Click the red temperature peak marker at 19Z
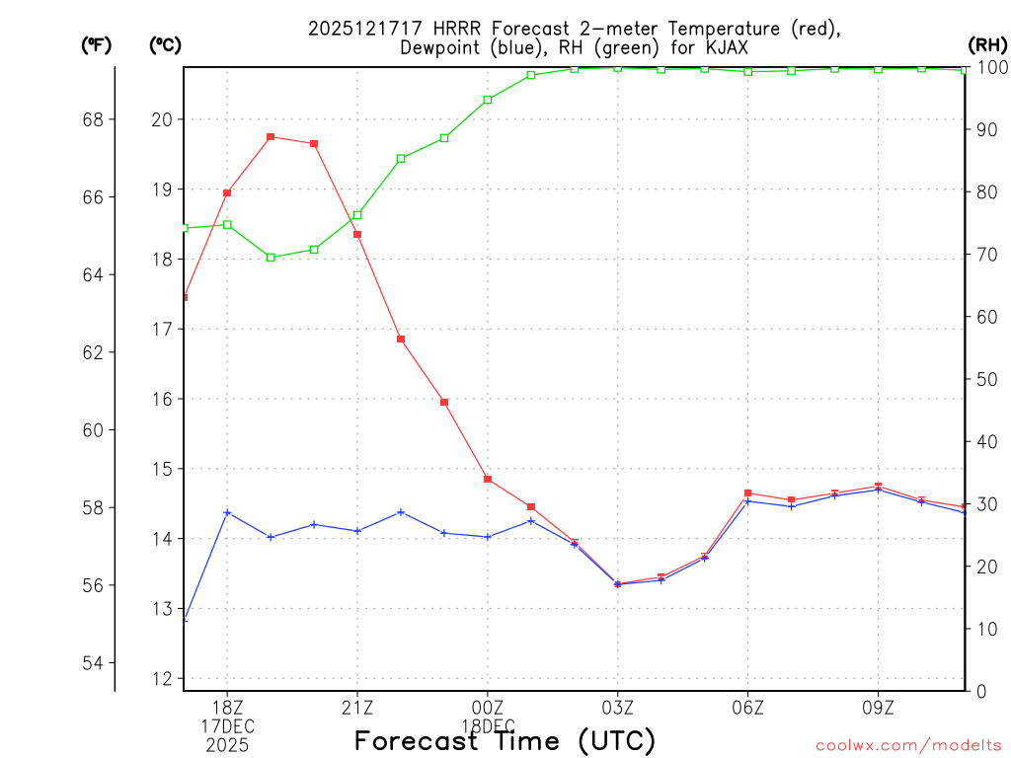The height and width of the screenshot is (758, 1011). click(271, 137)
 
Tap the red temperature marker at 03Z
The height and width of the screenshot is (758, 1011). click(618, 584)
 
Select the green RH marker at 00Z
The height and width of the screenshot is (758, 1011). click(488, 100)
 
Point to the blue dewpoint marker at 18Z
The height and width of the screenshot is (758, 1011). click(227, 512)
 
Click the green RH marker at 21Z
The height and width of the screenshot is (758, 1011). click(357, 215)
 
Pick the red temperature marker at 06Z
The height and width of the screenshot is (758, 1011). click(748, 493)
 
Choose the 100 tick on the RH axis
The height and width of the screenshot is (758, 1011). click(991, 67)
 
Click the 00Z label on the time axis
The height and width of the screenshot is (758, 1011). click(488, 708)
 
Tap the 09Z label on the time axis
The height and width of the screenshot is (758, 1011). click(879, 708)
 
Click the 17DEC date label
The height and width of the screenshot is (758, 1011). click(228, 726)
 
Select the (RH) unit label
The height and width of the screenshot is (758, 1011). click(987, 44)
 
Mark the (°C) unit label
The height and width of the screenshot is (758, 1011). click(166, 44)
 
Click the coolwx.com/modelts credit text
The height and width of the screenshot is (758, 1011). click(908, 745)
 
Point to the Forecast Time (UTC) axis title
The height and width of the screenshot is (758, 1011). click(505, 740)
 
